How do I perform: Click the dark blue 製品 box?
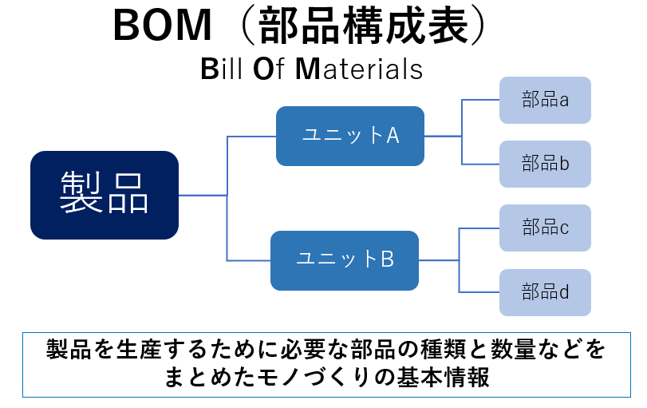coord(104,195)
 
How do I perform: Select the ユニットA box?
coord(349,136)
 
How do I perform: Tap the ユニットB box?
coord(344,260)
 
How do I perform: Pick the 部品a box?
coord(545,100)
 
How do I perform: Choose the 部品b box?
coord(545,164)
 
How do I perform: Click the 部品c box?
coord(545,228)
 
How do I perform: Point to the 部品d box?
coord(545,292)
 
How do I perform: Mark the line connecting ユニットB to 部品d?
coord(479,292)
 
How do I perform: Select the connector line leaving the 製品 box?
coord(203,195)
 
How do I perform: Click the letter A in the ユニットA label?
coord(393,136)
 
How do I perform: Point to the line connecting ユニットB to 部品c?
coord(479,228)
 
